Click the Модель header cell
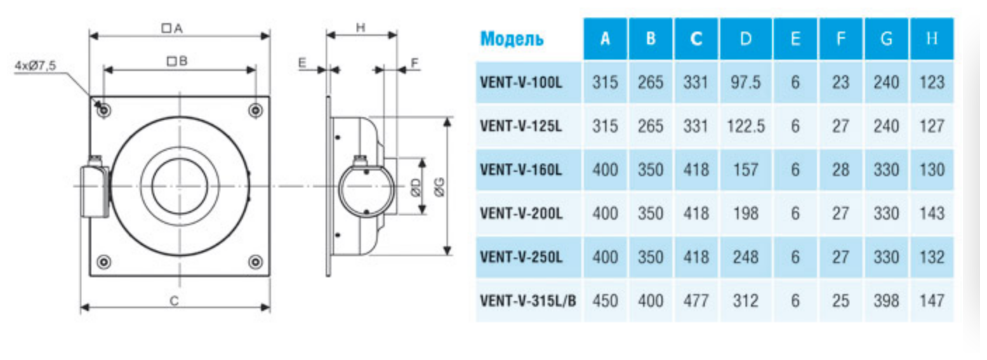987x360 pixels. tap(512, 39)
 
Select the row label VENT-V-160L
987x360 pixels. tap(521, 169)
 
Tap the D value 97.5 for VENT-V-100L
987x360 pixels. tap(746, 82)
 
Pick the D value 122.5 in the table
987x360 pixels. tap(746, 126)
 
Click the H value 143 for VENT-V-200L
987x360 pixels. tap(932, 213)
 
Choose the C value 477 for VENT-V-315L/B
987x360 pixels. tap(696, 301)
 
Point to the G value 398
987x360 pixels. tap(887, 301)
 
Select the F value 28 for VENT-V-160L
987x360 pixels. tap(840, 169)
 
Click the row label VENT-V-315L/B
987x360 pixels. tap(528, 301)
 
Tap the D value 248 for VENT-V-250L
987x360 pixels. tap(746, 257)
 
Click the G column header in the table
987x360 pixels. tap(887, 39)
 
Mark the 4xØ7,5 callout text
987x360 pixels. tap(35, 65)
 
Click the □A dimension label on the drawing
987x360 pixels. tap(172, 28)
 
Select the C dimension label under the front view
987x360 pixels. tap(175, 300)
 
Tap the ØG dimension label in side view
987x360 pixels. tap(439, 185)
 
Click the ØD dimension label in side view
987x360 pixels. tap(415, 187)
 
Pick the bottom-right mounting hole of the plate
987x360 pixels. tap(256, 262)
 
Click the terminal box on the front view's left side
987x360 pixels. tap(93, 187)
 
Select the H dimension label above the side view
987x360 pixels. tap(361, 27)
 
